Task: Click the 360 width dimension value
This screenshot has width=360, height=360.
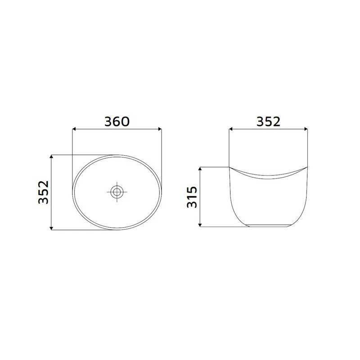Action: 117,121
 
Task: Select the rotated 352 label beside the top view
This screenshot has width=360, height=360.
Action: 43,193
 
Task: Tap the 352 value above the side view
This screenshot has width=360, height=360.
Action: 268,121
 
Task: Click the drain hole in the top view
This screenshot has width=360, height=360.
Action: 117,192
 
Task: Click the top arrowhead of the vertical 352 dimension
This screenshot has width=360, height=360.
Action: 53,157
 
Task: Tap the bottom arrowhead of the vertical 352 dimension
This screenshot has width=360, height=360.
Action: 53,229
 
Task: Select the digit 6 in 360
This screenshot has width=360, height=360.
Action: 117,121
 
